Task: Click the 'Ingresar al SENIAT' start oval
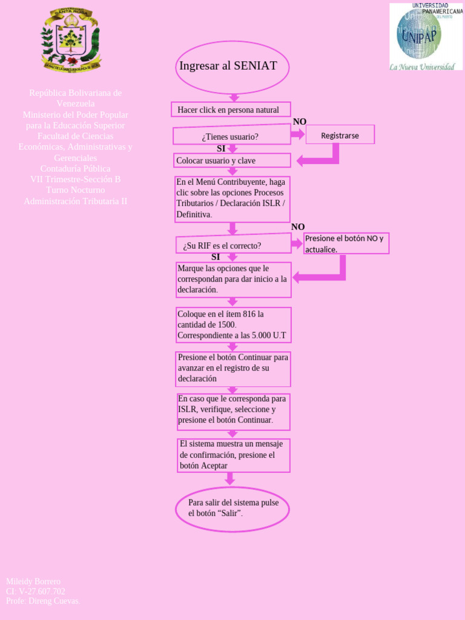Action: [x=232, y=67]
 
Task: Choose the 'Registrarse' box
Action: [x=340, y=135]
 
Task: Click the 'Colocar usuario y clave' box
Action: [x=232, y=160]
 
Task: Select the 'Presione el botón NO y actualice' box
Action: [x=346, y=243]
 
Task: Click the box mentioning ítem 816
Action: [x=233, y=325]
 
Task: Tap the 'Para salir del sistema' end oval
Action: [x=232, y=509]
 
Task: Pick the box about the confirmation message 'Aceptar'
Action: [x=234, y=455]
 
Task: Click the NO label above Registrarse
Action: [x=300, y=122]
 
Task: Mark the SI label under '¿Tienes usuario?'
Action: [x=221, y=148]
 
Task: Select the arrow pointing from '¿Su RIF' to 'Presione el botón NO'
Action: [x=297, y=243]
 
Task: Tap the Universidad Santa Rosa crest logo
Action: [x=71, y=39]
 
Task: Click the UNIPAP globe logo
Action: [x=418, y=33]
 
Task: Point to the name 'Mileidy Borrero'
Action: [x=33, y=581]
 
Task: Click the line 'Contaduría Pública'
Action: [x=75, y=168]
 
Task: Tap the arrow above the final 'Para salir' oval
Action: [x=229, y=479]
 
